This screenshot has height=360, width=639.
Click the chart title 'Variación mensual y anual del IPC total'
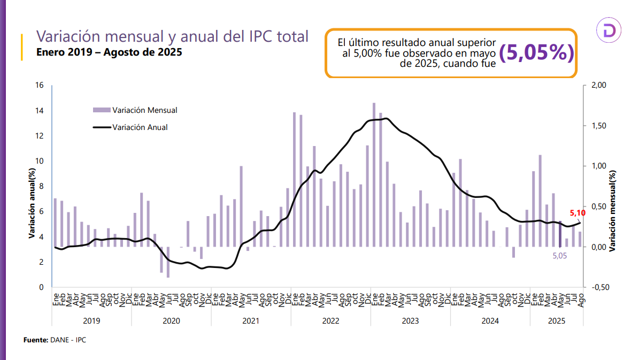coord(172,36)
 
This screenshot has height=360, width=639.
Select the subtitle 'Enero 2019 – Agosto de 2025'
coord(109,53)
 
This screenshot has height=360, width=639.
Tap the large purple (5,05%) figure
coord(536,52)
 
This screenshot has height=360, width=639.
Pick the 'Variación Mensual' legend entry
coord(136,110)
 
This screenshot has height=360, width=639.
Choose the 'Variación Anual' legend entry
coord(130,127)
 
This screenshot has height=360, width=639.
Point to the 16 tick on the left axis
coord(39,86)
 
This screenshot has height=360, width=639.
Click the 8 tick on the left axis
coord(41,186)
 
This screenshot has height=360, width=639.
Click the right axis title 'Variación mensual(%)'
coord(613,211)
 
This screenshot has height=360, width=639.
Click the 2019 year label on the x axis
coord(91,321)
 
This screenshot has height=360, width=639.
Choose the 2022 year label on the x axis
coord(330,321)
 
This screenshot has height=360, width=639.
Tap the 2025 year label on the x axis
coord(557,321)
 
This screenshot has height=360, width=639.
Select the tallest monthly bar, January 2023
coord(374,174)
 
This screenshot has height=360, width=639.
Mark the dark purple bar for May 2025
coord(560,234)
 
